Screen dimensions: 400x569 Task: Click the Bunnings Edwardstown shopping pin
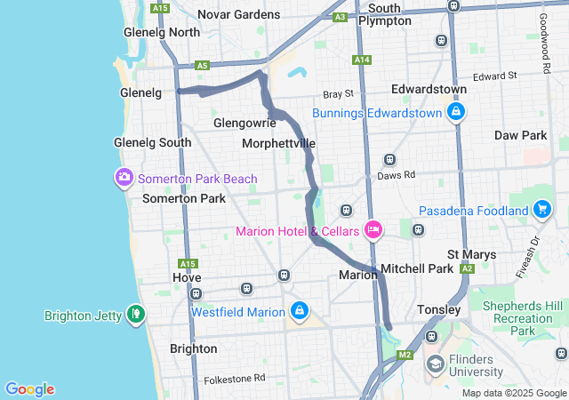(455, 112)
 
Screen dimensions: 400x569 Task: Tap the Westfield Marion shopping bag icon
(300, 311)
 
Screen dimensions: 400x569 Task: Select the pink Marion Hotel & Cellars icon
(373, 231)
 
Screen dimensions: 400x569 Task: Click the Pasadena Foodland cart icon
(541, 211)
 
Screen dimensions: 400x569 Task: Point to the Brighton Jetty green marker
(135, 314)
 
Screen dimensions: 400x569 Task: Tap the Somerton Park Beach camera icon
(124, 178)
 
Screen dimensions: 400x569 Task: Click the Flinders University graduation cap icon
(436, 364)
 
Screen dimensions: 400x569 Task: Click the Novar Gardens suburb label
(238, 14)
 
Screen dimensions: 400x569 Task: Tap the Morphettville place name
(278, 143)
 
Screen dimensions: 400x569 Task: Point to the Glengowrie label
(238, 123)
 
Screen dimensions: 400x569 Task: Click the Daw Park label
(520, 135)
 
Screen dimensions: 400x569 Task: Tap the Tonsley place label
(439, 310)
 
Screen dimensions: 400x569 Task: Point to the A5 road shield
(202, 65)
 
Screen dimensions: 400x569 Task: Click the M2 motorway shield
(405, 356)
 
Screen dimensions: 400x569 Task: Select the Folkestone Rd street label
(235, 378)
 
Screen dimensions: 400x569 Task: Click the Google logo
(29, 389)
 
